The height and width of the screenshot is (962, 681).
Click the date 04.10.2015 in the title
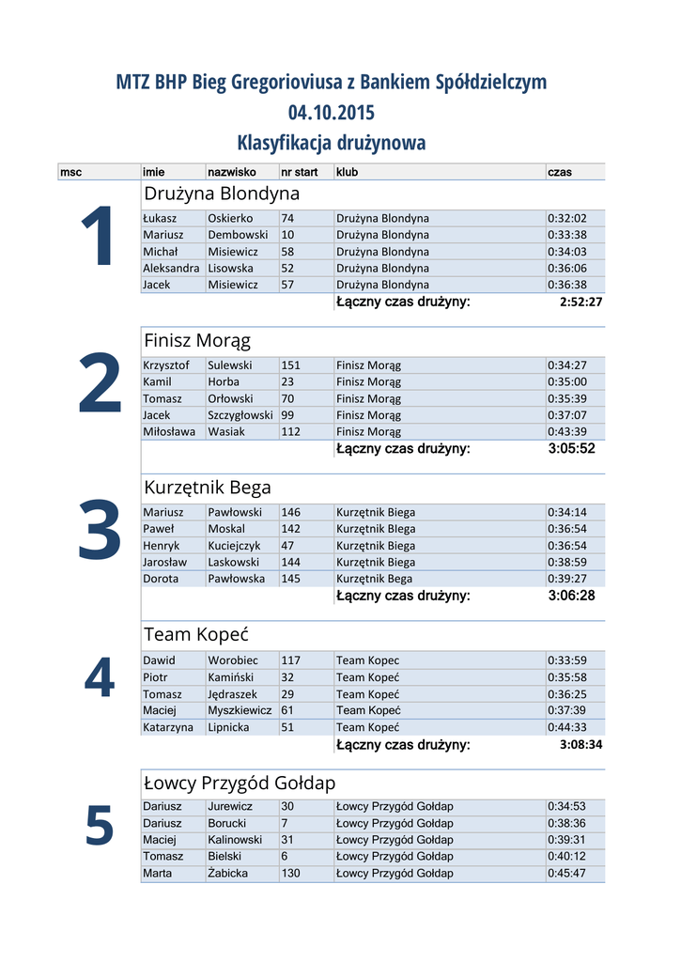(x=331, y=113)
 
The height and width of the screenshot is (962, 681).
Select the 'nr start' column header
(x=300, y=172)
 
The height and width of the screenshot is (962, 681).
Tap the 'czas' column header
(x=559, y=172)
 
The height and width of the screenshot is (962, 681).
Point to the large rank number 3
(x=100, y=532)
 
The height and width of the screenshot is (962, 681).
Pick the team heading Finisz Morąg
(x=197, y=340)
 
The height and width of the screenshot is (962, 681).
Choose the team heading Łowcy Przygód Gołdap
(x=240, y=783)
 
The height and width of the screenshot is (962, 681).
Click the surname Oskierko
(x=230, y=218)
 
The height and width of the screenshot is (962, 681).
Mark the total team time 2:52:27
(x=580, y=303)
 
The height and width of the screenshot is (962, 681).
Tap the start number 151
(x=291, y=365)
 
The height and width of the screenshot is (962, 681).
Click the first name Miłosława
(x=169, y=431)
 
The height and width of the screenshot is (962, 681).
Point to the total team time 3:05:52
(x=571, y=449)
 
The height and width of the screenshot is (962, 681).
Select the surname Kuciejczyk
(x=234, y=546)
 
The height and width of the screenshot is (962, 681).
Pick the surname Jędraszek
(x=233, y=693)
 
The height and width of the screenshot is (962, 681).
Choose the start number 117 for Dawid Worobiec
(x=291, y=660)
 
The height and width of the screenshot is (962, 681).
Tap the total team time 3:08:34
(x=580, y=745)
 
